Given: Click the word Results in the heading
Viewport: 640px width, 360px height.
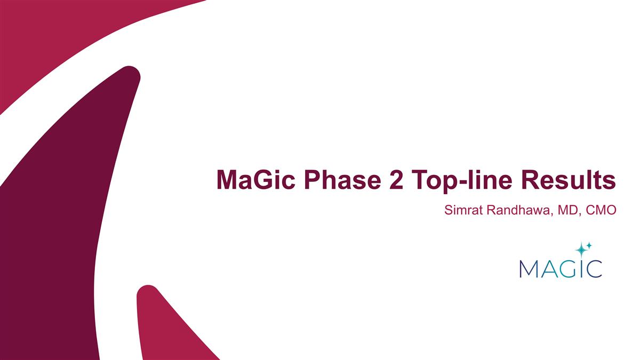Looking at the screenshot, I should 572,180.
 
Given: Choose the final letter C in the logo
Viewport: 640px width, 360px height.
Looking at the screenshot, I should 594,268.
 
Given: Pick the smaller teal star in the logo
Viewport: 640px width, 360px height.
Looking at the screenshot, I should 589,245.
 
